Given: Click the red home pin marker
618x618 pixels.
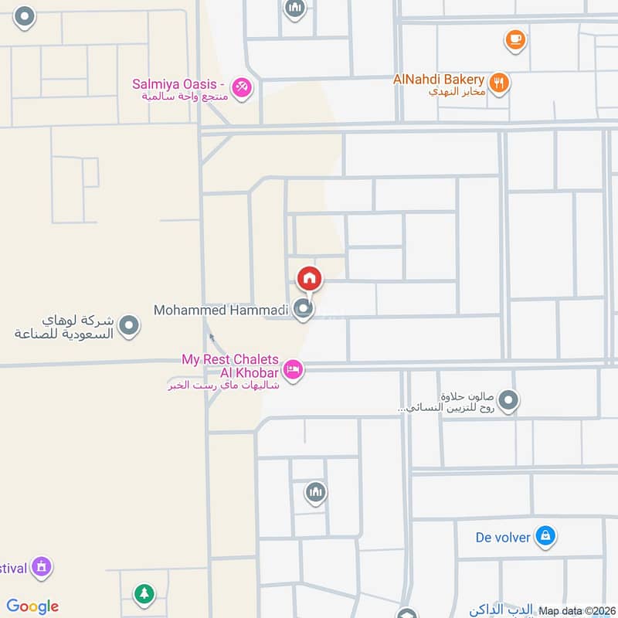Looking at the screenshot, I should (x=310, y=278).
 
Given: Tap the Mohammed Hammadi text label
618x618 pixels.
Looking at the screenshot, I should (x=221, y=311).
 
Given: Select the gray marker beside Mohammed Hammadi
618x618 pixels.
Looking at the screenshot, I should (x=304, y=311).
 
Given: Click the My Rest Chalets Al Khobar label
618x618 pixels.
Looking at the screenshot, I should (x=229, y=366).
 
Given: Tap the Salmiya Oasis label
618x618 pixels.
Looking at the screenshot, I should (x=178, y=83).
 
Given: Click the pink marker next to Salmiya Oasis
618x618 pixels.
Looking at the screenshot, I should (x=242, y=87).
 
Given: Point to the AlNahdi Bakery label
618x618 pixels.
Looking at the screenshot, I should (x=438, y=80).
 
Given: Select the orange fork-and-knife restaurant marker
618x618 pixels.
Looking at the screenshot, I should (x=500, y=83).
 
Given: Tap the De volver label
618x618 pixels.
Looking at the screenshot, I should (x=503, y=537).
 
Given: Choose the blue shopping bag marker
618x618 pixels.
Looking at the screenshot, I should (x=545, y=535).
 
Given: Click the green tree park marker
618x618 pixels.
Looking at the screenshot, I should (x=144, y=593).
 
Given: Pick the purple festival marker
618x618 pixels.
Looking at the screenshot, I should (x=42, y=568).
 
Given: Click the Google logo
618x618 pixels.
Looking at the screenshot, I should (x=32, y=606).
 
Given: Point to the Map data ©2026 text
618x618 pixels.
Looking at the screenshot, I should (x=576, y=610).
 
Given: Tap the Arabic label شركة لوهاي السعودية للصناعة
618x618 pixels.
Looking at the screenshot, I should (x=65, y=328).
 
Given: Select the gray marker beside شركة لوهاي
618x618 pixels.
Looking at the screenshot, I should (x=129, y=326).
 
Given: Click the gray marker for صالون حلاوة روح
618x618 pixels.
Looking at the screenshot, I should (x=508, y=400).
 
